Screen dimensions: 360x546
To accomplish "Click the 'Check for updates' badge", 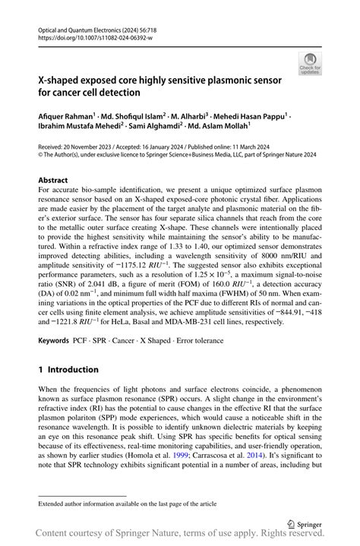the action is tap(309, 62).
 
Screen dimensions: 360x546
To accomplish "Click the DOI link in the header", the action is tap(90, 36).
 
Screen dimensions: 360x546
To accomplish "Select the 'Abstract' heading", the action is tap(53, 180).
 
